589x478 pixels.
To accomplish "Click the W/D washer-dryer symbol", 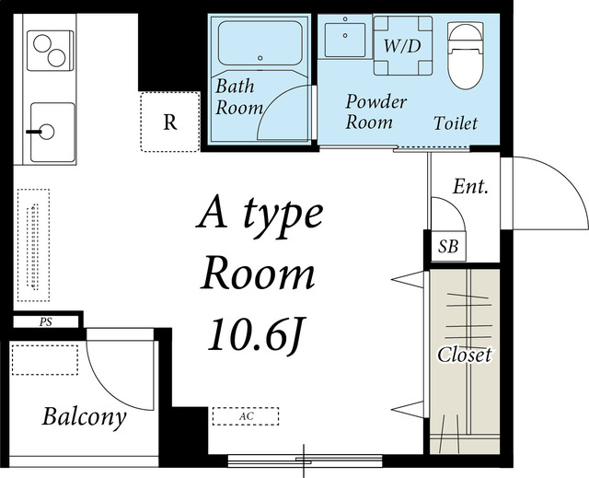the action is coord(403,45).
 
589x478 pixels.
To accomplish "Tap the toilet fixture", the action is coord(465,55).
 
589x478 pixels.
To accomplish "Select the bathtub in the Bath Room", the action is coord(260,43).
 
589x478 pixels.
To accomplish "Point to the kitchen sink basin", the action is coord(52,132).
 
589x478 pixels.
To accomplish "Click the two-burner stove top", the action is coord(50,51).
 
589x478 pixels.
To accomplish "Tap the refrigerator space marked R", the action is coord(169,122).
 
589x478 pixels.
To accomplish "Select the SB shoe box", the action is coord(448,247).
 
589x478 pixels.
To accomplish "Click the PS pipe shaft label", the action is coord(46,322).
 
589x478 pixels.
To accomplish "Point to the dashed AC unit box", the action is coord(246,416).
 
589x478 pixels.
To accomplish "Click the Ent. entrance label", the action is coord(470,186).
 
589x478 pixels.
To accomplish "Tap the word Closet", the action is coord(465,355).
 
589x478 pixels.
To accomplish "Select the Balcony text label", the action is coord(84,417).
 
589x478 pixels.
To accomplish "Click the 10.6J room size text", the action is coord(257,335).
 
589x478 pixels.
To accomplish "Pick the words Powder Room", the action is coord(375,111).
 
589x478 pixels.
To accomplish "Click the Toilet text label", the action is coord(456,123).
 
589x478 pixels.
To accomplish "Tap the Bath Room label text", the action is coord(239,97).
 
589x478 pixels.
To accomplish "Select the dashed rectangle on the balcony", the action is coord(45,359).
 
